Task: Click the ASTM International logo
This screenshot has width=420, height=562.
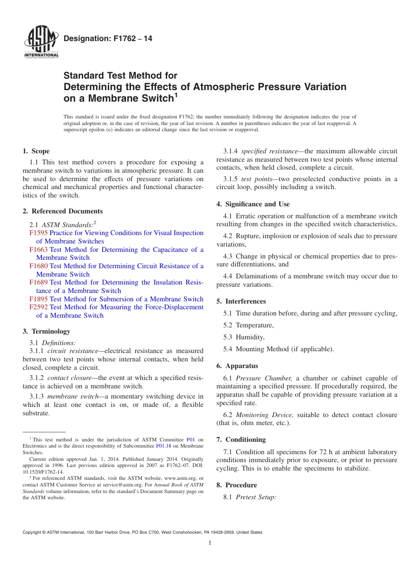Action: (41, 43)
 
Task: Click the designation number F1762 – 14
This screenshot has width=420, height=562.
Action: (108, 39)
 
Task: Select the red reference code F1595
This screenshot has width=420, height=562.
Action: (38, 233)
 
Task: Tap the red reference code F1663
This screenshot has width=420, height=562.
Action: (38, 250)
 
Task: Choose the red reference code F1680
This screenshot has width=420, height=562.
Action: (38, 266)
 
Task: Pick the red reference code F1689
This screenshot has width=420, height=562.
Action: (38, 282)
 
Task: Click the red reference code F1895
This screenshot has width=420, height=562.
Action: (38, 299)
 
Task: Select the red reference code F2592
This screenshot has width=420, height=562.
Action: (38, 307)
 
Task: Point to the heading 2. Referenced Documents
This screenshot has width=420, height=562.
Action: (62, 211)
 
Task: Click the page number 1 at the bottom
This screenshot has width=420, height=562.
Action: (210, 543)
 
